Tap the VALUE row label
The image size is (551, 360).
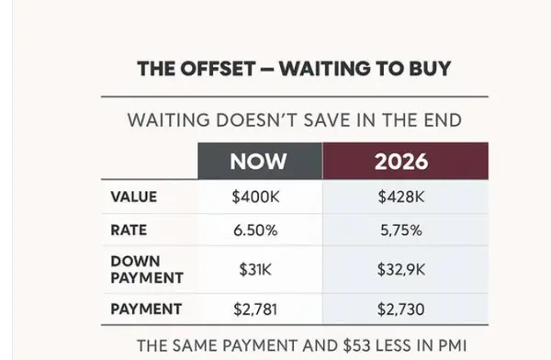[133, 197]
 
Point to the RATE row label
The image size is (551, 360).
[129, 231]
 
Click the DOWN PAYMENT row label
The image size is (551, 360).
[147, 269]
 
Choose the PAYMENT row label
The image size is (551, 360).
[145, 309]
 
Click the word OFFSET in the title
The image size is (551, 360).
[217, 69]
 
